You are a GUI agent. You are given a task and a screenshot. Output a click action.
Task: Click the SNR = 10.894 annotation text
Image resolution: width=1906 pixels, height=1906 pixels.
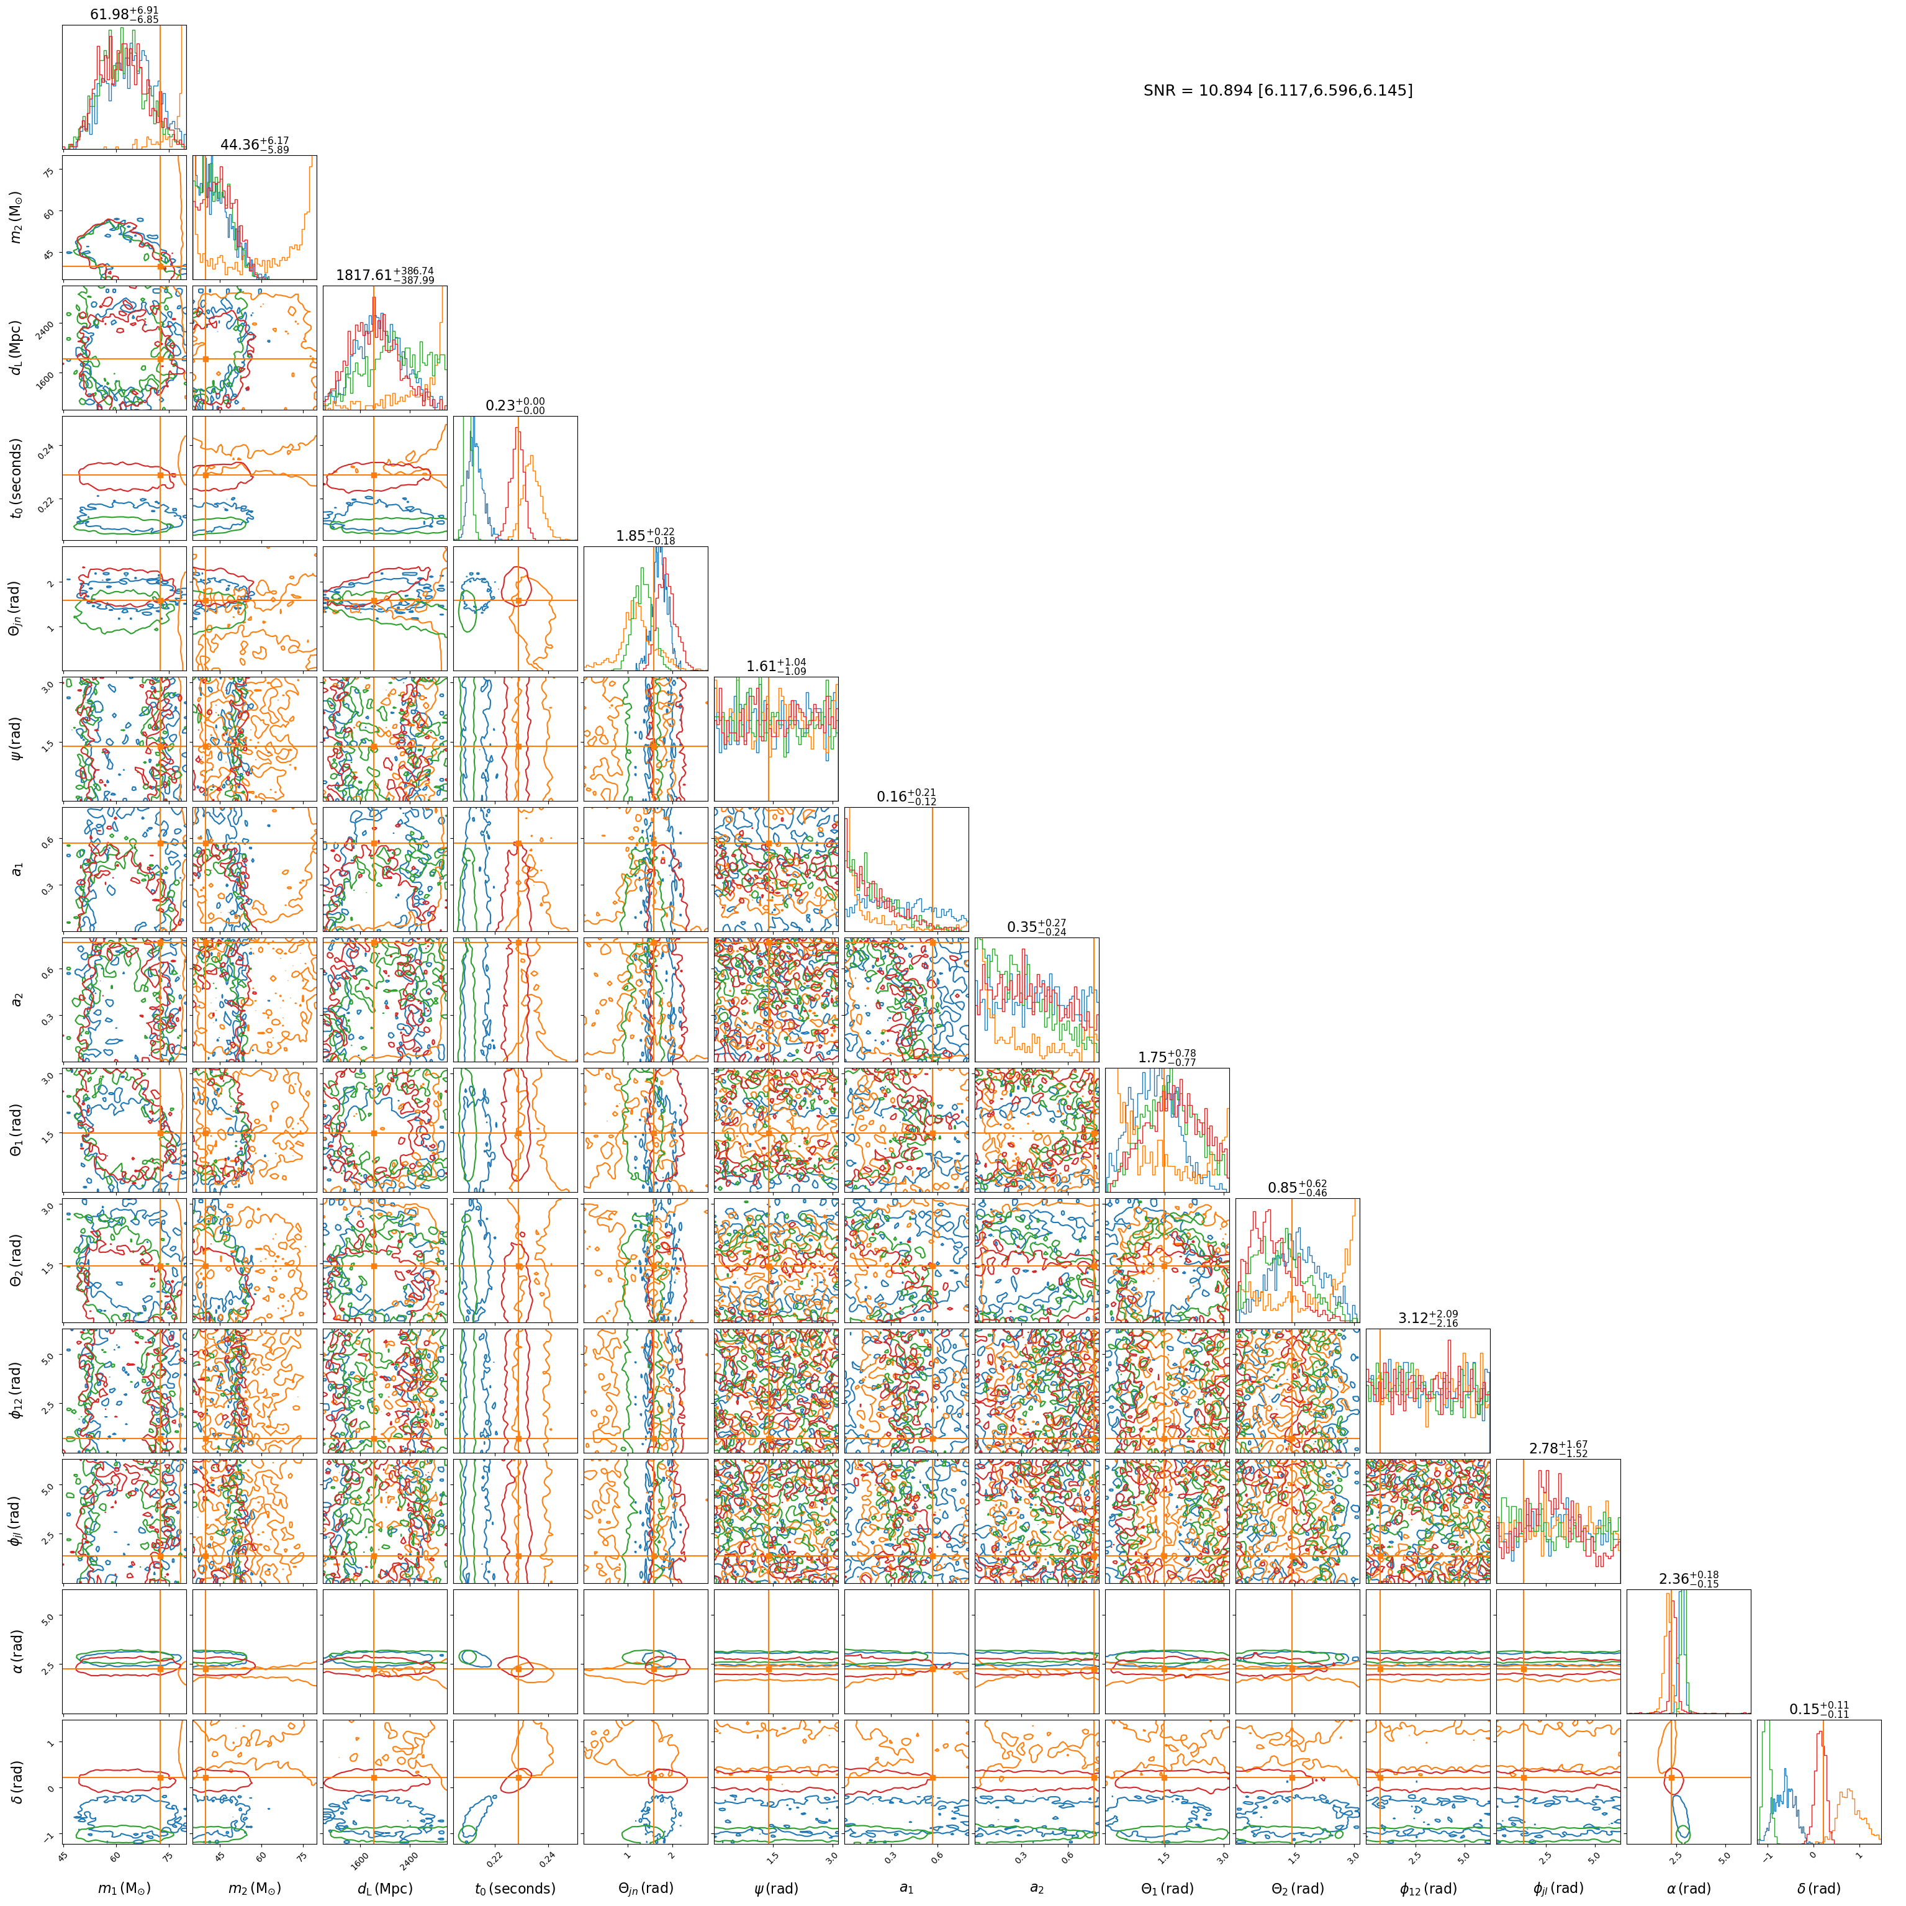(x=1278, y=91)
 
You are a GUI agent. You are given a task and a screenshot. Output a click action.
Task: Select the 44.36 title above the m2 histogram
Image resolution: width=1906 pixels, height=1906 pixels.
(x=255, y=145)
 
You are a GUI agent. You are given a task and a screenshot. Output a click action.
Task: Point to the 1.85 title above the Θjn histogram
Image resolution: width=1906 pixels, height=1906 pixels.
(x=645, y=536)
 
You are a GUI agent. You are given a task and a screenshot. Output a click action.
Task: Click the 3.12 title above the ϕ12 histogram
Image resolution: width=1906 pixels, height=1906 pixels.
(x=1427, y=1318)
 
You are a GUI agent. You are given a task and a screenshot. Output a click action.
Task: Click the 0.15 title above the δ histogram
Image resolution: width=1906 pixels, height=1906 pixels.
(x=1819, y=1709)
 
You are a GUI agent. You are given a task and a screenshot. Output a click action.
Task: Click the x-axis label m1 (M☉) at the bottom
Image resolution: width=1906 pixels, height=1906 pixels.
(x=124, y=1887)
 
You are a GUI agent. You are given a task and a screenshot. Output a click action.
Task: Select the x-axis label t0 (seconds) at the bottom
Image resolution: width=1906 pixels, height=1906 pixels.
(x=515, y=1887)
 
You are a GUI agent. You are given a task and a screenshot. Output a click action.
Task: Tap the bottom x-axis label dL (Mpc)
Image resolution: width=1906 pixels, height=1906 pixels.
(x=385, y=1887)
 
